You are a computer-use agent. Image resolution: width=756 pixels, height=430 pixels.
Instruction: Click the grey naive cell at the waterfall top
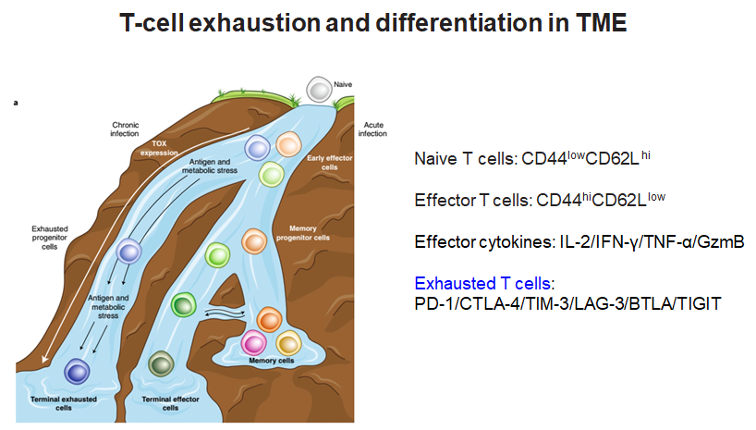point(319,90)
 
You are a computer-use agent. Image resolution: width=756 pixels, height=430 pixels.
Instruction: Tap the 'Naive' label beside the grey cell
point(343,84)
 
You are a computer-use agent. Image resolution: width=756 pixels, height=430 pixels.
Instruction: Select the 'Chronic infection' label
point(125,129)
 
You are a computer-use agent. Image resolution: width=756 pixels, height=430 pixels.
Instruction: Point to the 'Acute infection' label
point(372,129)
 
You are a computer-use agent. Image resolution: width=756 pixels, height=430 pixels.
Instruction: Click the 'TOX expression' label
point(159,148)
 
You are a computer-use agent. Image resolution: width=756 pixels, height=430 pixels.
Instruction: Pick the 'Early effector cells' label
point(330,163)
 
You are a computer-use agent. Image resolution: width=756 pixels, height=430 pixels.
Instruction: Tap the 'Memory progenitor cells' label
point(303,233)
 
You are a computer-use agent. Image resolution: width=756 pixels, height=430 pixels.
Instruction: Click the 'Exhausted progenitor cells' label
point(50,238)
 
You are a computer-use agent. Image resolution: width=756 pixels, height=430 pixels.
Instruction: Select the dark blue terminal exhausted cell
point(77,372)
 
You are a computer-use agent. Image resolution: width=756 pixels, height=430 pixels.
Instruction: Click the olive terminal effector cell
point(161,364)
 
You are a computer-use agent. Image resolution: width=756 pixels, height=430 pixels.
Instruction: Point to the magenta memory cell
point(253,343)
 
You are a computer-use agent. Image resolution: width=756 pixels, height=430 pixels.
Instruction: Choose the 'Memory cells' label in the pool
point(272,361)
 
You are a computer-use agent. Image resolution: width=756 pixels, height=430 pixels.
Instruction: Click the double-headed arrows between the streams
point(226,313)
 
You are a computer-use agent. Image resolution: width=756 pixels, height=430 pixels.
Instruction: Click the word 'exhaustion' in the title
point(254,23)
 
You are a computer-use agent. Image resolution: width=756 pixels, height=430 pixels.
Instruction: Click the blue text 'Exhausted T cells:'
point(484,283)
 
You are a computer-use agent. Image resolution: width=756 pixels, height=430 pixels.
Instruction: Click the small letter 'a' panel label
point(16,103)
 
